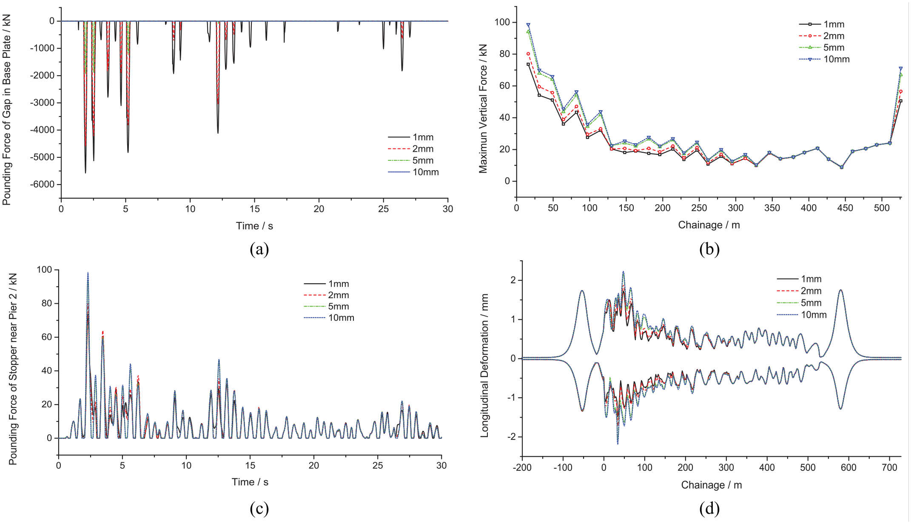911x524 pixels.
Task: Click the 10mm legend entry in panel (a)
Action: (x=413, y=172)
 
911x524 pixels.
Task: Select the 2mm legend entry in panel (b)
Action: (x=822, y=36)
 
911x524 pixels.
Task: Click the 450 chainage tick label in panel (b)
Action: (x=845, y=208)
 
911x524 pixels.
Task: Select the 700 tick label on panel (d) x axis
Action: (x=889, y=467)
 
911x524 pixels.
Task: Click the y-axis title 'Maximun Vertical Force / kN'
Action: (x=483, y=108)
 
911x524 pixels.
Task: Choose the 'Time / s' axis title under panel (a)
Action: (x=254, y=226)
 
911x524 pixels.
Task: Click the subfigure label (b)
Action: (x=709, y=249)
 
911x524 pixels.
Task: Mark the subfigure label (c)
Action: (x=259, y=508)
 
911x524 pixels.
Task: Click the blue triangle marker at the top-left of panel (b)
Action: (x=528, y=25)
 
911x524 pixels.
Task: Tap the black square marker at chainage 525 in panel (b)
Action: (x=900, y=101)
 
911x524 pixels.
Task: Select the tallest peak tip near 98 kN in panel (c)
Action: (x=88, y=272)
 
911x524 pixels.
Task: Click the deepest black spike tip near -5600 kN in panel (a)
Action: (x=85, y=173)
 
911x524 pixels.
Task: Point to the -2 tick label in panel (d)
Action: (x=510, y=437)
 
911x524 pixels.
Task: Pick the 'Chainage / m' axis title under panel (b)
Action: (x=709, y=225)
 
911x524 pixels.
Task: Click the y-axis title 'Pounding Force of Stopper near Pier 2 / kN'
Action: (x=13, y=369)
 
